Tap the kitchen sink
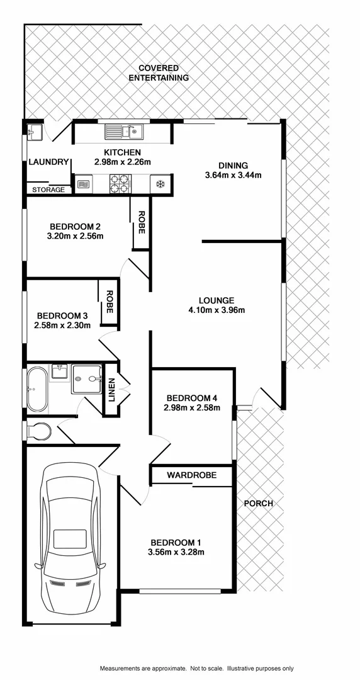[x=124, y=132]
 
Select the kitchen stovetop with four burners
[x=120, y=183]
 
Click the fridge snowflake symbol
[x=160, y=184]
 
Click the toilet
[x=40, y=431]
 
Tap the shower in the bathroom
[x=87, y=379]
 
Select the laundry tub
[x=34, y=132]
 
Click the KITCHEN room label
[x=122, y=153]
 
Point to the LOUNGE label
[x=217, y=300]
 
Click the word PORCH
[x=259, y=503]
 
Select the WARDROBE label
[x=191, y=475]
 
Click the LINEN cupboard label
[x=112, y=390]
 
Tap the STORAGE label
[x=48, y=190]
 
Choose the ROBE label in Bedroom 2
[x=142, y=223]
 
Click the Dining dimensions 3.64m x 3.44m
[x=233, y=175]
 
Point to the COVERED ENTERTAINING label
[x=159, y=73]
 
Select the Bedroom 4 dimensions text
[x=192, y=407]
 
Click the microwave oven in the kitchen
[x=84, y=184]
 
